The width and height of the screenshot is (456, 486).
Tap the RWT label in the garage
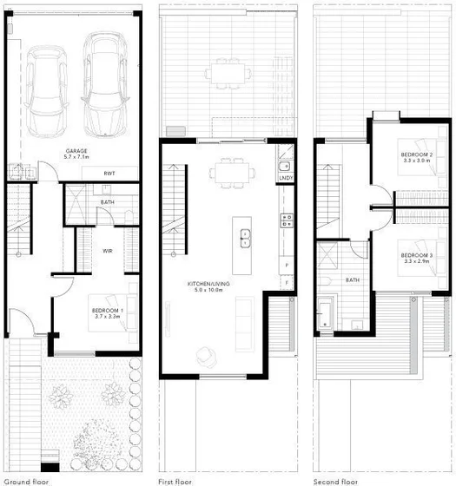click(x=109, y=174)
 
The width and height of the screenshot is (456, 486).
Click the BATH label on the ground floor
click(x=108, y=202)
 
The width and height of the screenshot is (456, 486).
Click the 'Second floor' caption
click(x=336, y=479)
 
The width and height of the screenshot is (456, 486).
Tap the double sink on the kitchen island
click(x=246, y=233)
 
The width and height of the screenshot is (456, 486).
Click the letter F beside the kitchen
click(x=286, y=281)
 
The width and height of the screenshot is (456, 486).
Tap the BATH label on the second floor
click(x=352, y=280)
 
